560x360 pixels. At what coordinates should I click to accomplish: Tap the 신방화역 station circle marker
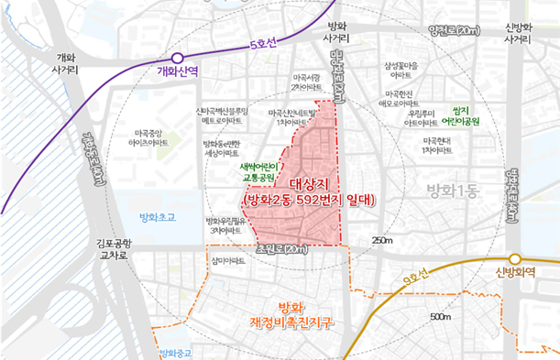[515, 259]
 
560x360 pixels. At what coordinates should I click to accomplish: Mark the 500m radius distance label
[440, 316]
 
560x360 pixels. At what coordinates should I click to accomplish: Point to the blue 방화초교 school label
[148, 217]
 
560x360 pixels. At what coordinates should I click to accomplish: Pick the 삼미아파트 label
[226, 260]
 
